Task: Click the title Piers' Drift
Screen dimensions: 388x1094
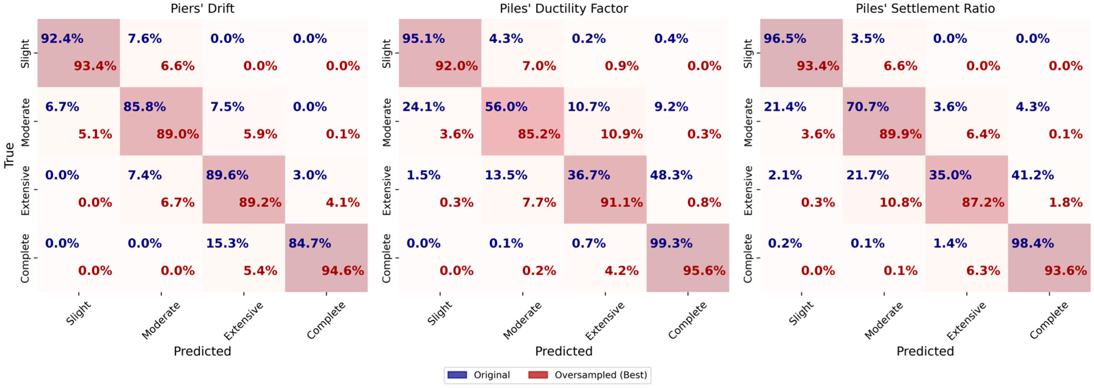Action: click(202, 9)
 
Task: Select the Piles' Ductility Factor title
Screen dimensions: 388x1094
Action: click(563, 9)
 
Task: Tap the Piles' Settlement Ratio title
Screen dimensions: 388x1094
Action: click(925, 9)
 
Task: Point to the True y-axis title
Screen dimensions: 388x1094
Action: click(9, 155)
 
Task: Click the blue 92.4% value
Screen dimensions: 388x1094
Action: click(62, 39)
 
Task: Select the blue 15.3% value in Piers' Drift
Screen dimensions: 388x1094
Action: click(227, 243)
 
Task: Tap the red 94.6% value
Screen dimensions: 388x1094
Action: click(342, 270)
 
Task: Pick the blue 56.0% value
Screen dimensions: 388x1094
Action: click(506, 107)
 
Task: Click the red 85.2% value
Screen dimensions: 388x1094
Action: click(538, 134)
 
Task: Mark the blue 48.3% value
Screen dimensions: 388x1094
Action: click(671, 175)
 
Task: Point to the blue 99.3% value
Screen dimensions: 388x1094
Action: click(671, 243)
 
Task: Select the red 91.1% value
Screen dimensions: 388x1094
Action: click(621, 202)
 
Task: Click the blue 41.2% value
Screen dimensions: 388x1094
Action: click(1032, 175)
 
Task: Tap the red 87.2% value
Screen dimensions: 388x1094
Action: click(983, 202)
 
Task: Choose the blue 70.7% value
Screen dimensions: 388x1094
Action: click(868, 107)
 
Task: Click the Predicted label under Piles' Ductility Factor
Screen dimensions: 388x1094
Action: click(563, 351)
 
